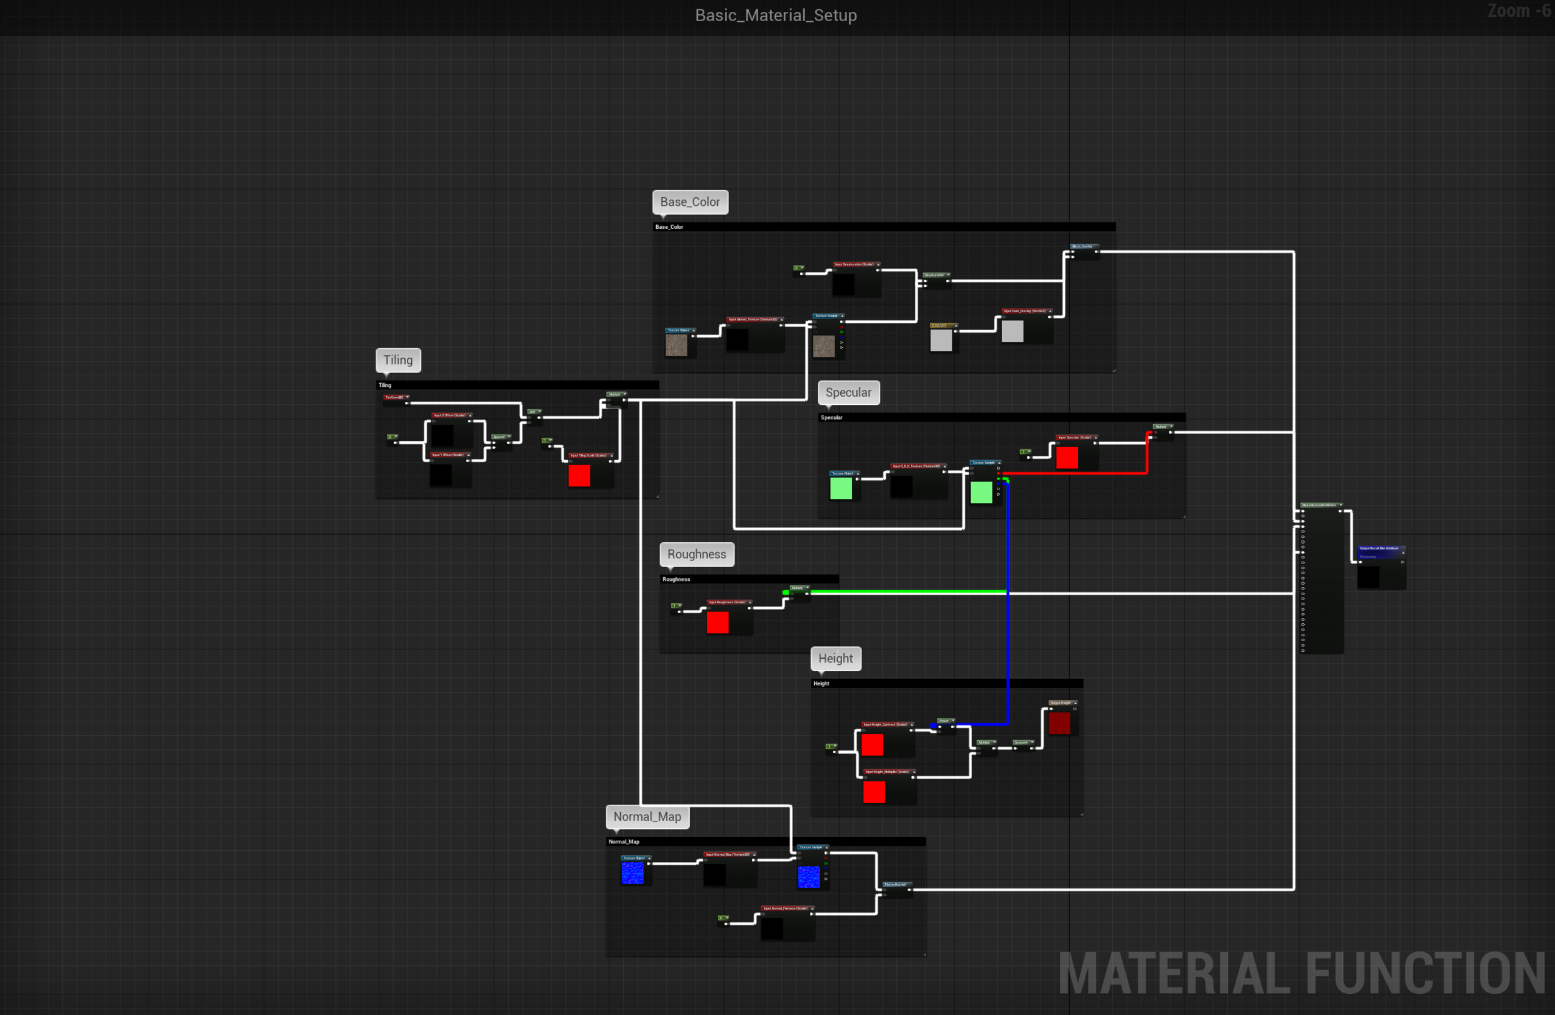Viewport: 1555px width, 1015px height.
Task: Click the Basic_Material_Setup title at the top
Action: point(776,15)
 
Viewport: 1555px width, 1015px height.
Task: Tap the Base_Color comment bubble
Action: point(690,202)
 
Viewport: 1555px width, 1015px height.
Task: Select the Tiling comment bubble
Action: point(398,360)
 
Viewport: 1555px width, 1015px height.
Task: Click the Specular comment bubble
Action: point(848,392)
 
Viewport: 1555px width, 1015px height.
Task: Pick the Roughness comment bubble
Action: point(697,555)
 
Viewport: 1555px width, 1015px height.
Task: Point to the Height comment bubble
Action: point(835,659)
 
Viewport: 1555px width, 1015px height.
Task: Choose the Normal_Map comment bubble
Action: point(647,817)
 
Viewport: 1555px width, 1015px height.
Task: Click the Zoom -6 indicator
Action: point(1518,11)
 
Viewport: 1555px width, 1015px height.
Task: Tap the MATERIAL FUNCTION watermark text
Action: point(1300,973)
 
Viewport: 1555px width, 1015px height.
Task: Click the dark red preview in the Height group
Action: point(1059,723)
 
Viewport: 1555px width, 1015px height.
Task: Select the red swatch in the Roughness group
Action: point(717,623)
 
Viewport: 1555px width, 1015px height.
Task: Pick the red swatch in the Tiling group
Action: point(579,476)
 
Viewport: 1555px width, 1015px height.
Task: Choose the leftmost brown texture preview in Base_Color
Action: point(676,346)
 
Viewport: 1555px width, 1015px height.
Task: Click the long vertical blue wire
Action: point(1008,621)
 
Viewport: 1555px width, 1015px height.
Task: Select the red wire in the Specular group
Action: point(1078,473)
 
